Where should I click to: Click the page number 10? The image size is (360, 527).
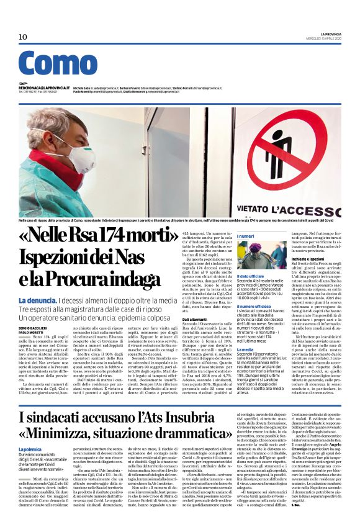tap(23, 37)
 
